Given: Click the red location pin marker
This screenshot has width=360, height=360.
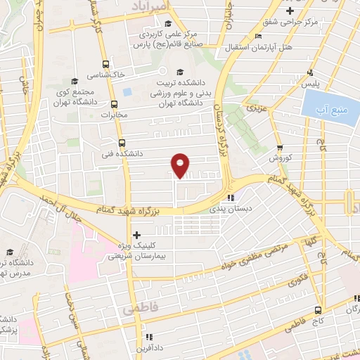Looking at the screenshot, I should pos(181,165).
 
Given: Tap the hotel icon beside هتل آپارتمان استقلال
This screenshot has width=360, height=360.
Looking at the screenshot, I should pos(259,36).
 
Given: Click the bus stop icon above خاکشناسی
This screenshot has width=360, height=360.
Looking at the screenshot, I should pos(105,62).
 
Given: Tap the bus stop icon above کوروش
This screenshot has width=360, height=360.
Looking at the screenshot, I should pos(281,148).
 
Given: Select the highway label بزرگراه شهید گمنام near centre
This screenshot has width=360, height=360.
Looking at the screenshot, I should pos(134,210).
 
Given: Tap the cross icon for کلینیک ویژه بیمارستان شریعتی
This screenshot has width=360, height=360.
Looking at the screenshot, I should pos(136,235).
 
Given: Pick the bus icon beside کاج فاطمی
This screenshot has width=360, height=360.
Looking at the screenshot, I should pos(319,309).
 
